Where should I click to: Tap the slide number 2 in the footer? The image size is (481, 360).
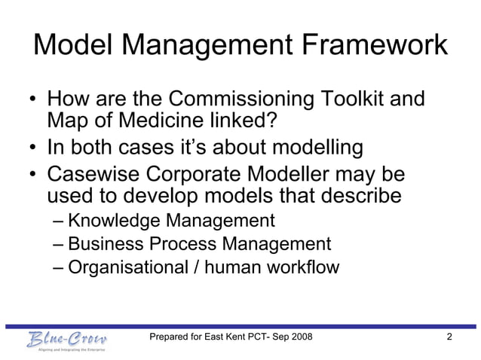pyautogui.click(x=449, y=337)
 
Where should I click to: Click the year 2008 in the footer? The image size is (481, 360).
pyautogui.click(x=317, y=337)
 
